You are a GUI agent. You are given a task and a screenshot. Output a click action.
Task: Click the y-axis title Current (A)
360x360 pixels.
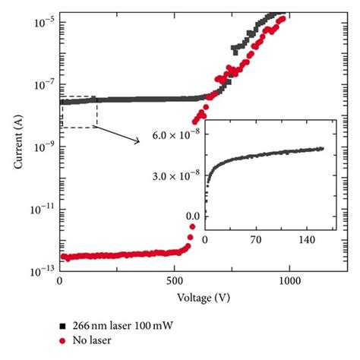pos(17,141)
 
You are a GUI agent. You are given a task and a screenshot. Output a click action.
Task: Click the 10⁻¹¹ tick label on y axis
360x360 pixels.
pos(41,207)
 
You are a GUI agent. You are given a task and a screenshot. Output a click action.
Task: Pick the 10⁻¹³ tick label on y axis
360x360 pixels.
pos(41,269)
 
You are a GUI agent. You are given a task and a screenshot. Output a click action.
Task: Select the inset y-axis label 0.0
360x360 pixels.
pos(193,216)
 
